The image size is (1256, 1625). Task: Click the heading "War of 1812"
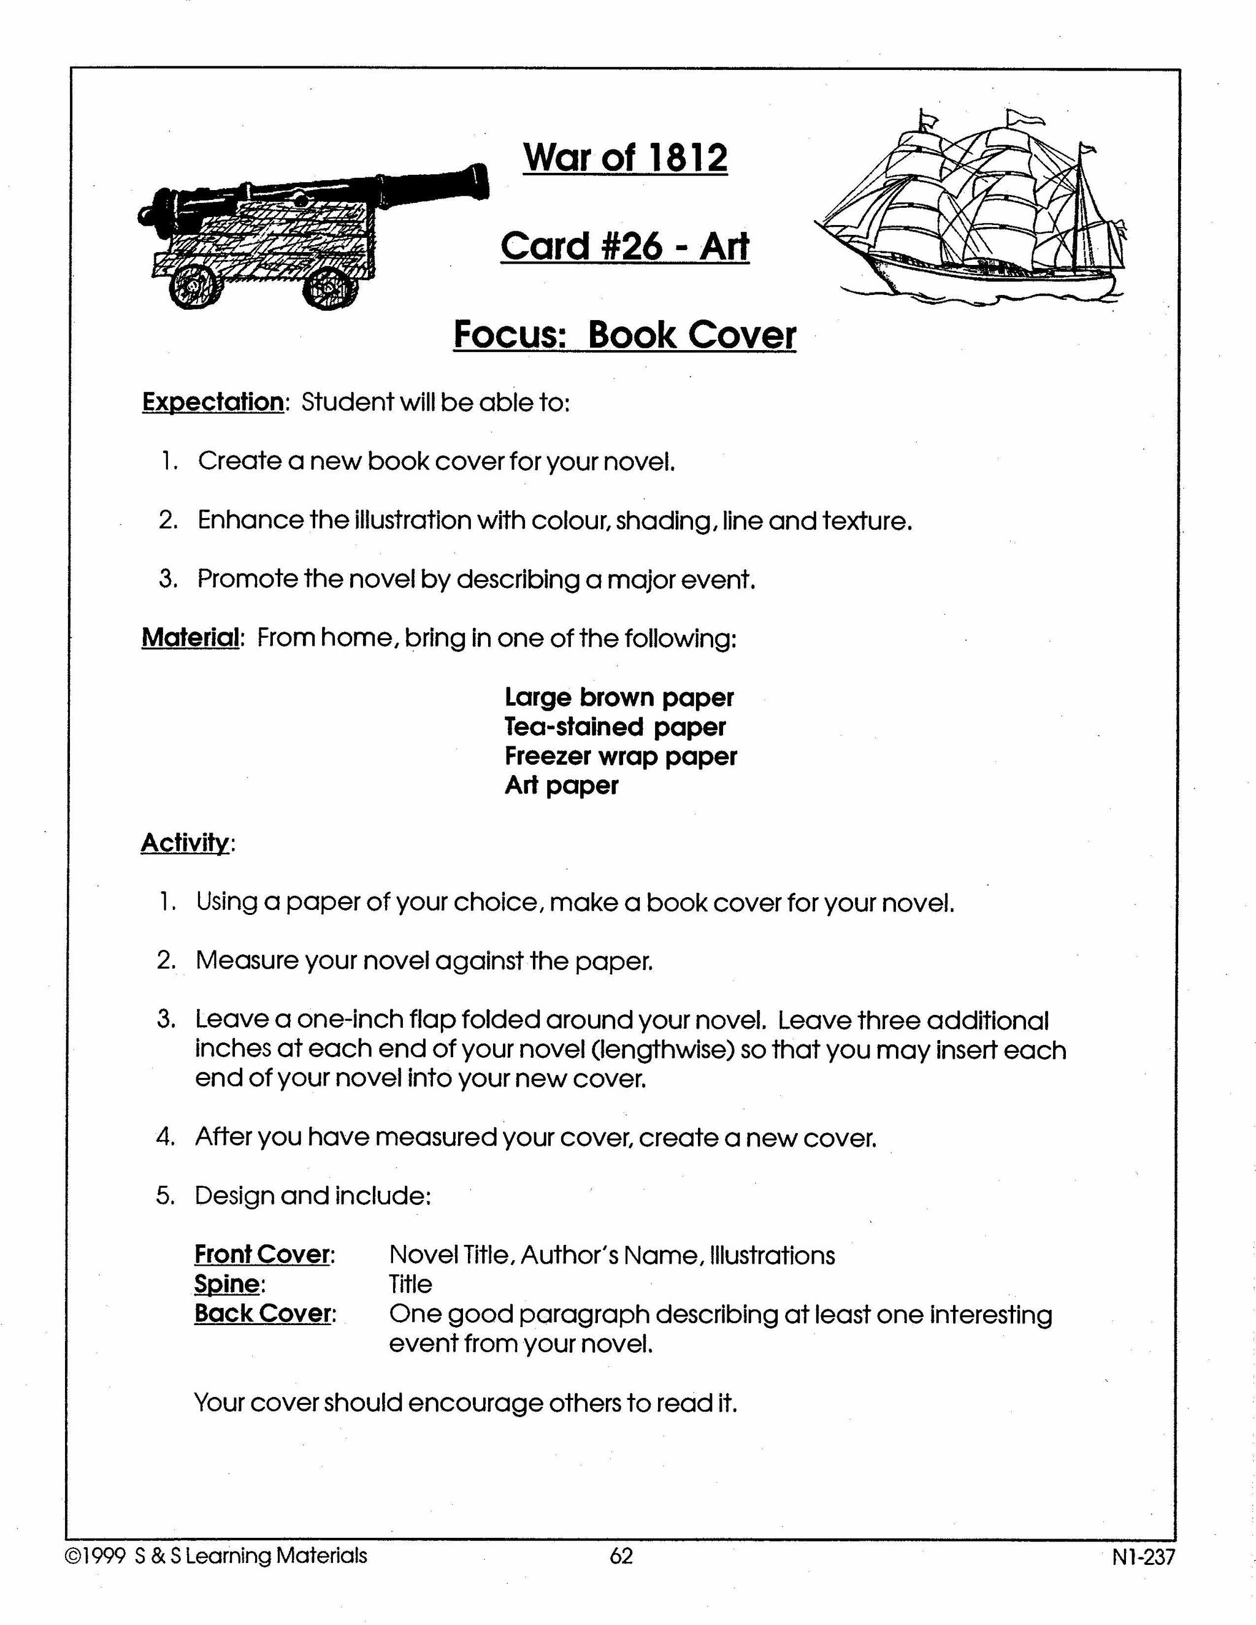[625, 158]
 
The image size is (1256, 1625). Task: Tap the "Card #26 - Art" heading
[624, 247]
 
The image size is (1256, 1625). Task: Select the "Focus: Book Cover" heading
[624, 335]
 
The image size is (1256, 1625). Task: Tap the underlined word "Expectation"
[213, 402]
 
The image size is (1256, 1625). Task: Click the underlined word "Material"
[191, 638]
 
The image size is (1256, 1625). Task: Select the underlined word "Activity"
[185, 843]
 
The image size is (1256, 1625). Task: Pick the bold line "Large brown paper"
[619, 697]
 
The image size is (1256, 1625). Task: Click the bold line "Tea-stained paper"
[615, 726]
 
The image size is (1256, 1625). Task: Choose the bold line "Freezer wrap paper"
[621, 756]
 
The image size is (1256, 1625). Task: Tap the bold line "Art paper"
[561, 785]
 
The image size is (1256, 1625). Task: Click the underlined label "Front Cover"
[262, 1255]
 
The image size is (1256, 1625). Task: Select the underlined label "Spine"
[227, 1284]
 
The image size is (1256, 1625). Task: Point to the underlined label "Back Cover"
[262, 1314]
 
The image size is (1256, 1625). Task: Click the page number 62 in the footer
[621, 1556]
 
